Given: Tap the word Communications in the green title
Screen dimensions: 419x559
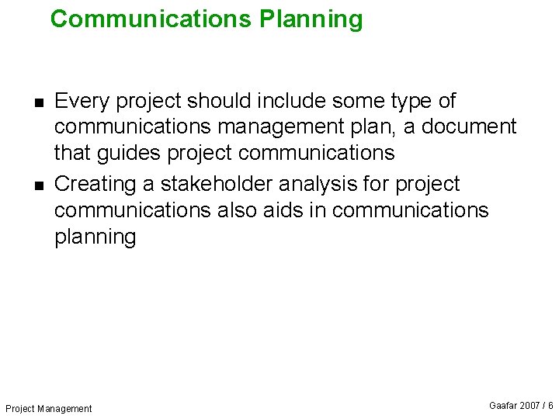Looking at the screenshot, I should (151, 19).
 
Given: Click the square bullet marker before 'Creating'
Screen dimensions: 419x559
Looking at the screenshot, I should (38, 185).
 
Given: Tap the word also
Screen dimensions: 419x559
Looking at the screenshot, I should (236, 210).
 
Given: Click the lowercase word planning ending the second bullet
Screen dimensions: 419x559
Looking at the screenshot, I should (95, 237).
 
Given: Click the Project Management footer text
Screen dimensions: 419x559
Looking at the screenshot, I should (48, 408).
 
